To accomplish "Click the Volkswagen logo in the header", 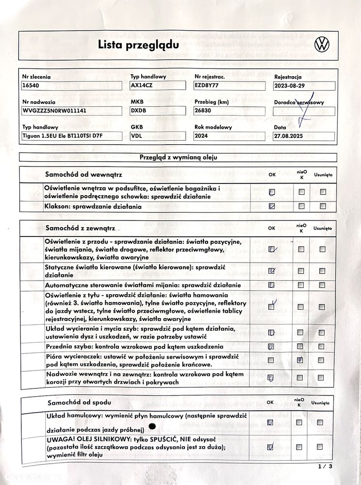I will (x=322, y=45).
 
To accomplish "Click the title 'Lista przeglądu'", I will (x=138, y=45).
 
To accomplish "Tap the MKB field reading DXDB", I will (x=159, y=111).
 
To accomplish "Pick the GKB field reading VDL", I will (x=159, y=136).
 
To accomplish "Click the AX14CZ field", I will (x=159, y=85).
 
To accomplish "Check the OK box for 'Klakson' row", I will (x=272, y=206).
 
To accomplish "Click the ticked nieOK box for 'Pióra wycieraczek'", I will (x=301, y=360).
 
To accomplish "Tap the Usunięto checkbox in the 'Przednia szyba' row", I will (x=322, y=347).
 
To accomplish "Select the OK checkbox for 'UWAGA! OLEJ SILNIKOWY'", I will (x=272, y=446).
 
